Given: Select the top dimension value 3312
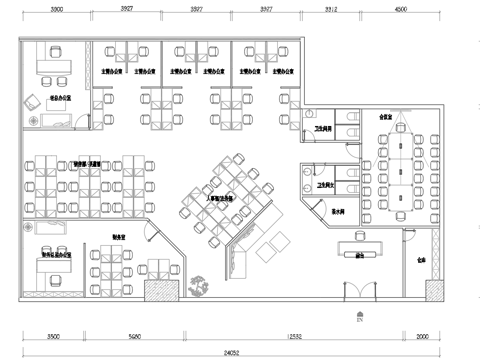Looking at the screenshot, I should click(331, 8).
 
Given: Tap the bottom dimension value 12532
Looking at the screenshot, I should click(292, 337).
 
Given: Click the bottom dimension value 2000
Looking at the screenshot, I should click(423, 337).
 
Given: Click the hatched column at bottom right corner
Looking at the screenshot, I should click(437, 291).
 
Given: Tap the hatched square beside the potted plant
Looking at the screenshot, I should click(161, 290).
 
